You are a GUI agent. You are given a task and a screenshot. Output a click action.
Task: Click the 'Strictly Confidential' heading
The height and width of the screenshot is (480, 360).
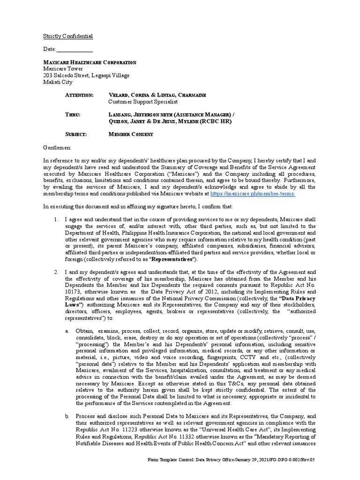click(68, 36)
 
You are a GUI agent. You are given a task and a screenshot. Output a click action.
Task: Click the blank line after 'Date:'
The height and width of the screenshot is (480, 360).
click(75, 49)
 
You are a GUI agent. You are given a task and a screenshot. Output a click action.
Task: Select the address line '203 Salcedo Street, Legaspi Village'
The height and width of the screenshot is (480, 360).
click(86, 75)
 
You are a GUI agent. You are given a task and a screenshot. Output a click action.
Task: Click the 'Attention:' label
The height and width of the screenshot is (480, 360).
click(79, 95)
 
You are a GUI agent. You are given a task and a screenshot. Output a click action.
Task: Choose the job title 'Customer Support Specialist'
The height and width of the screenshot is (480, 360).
click(143, 102)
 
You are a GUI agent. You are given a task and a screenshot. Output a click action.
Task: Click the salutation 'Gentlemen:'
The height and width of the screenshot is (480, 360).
click(57, 148)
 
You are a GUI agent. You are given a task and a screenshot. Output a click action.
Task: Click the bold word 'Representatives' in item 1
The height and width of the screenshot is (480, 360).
click(171, 259)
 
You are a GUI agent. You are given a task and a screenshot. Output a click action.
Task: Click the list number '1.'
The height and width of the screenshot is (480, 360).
click(55, 219)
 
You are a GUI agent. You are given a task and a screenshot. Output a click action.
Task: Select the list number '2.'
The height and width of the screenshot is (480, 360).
click(55, 272)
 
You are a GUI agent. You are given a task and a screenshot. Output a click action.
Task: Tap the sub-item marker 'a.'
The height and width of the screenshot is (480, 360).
click(67, 331)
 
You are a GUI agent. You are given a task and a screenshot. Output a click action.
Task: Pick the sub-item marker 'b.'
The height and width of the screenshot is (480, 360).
click(67, 416)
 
